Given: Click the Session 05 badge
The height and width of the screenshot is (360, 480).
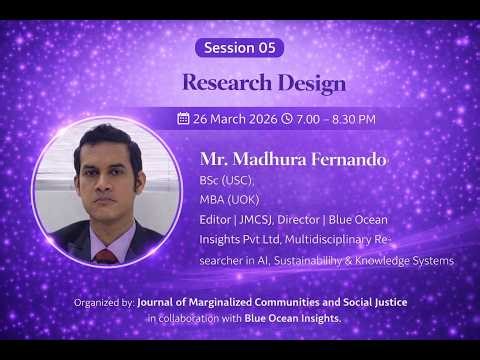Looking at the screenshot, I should (x=240, y=47).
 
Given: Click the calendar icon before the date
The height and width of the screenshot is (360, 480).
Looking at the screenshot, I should (x=183, y=118).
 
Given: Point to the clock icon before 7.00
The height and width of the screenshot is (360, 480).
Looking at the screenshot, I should (x=287, y=118).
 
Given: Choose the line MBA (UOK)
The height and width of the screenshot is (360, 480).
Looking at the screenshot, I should (x=227, y=199).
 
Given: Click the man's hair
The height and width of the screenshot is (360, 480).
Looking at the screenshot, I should (x=108, y=138).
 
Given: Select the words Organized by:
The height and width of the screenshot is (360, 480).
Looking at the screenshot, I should (x=103, y=301).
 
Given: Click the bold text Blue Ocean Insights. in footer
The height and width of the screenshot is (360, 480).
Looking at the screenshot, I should (x=292, y=318).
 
